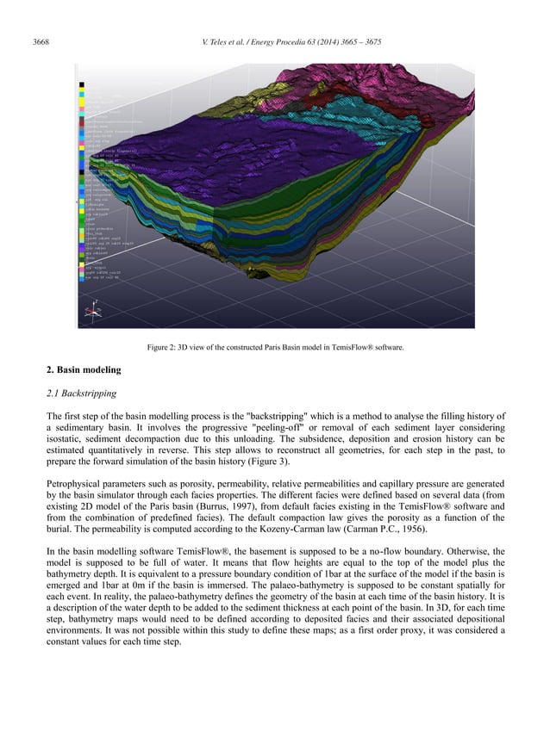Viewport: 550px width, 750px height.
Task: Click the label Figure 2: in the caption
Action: [x=166, y=348]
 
